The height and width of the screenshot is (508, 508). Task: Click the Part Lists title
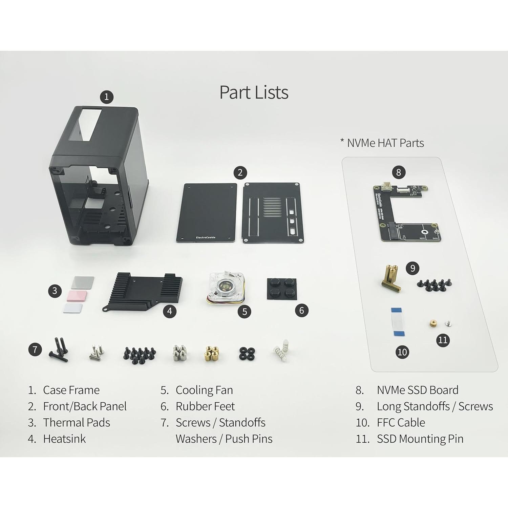pyautogui.click(x=254, y=92)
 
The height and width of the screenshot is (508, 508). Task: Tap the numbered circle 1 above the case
pyautogui.click(x=106, y=97)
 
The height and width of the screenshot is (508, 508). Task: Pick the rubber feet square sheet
pyautogui.click(x=282, y=289)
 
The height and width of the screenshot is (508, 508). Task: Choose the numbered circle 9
pyautogui.click(x=412, y=268)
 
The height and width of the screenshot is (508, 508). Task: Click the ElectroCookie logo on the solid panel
pyautogui.click(x=206, y=237)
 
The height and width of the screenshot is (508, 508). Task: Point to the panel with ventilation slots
pyautogui.click(x=273, y=213)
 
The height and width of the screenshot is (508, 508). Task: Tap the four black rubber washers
pyautogui.click(x=247, y=353)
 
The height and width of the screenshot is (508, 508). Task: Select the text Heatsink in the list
pyautogui.click(x=64, y=439)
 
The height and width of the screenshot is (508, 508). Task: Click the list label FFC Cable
pyautogui.click(x=401, y=423)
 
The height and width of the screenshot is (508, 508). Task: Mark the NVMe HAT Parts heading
pyautogui.click(x=385, y=143)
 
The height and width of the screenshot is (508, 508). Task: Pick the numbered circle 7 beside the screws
pyautogui.click(x=35, y=349)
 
